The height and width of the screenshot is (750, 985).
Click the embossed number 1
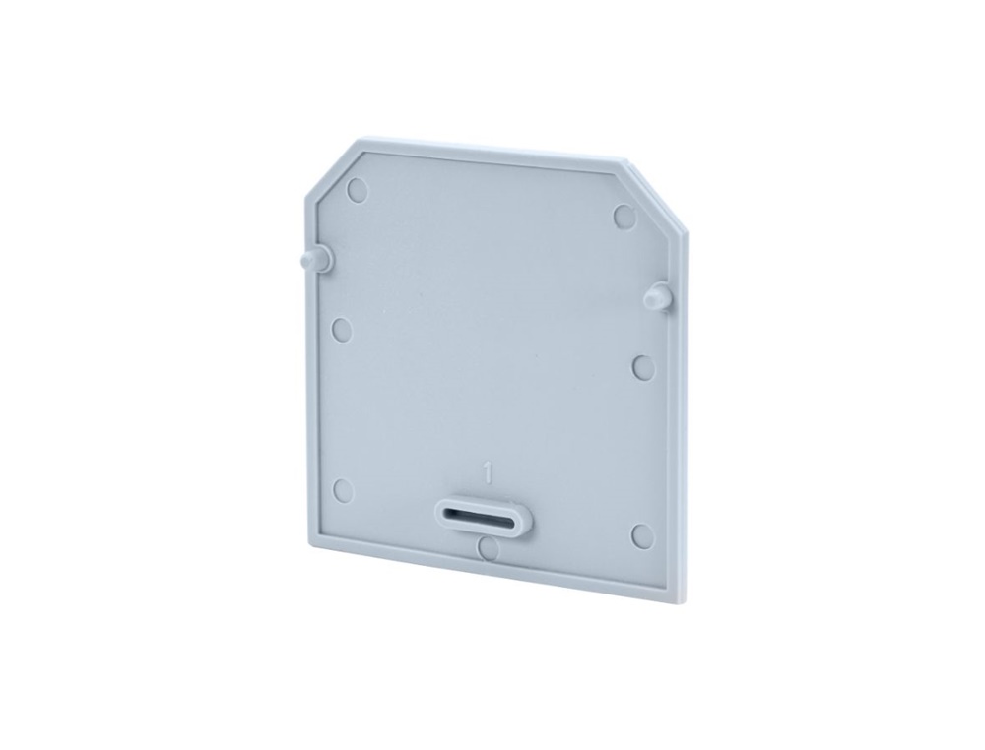[x=487, y=471]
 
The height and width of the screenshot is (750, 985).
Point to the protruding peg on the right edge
[x=657, y=295]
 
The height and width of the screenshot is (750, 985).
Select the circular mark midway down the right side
[x=643, y=367]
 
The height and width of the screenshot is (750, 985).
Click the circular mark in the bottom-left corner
[x=343, y=489]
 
